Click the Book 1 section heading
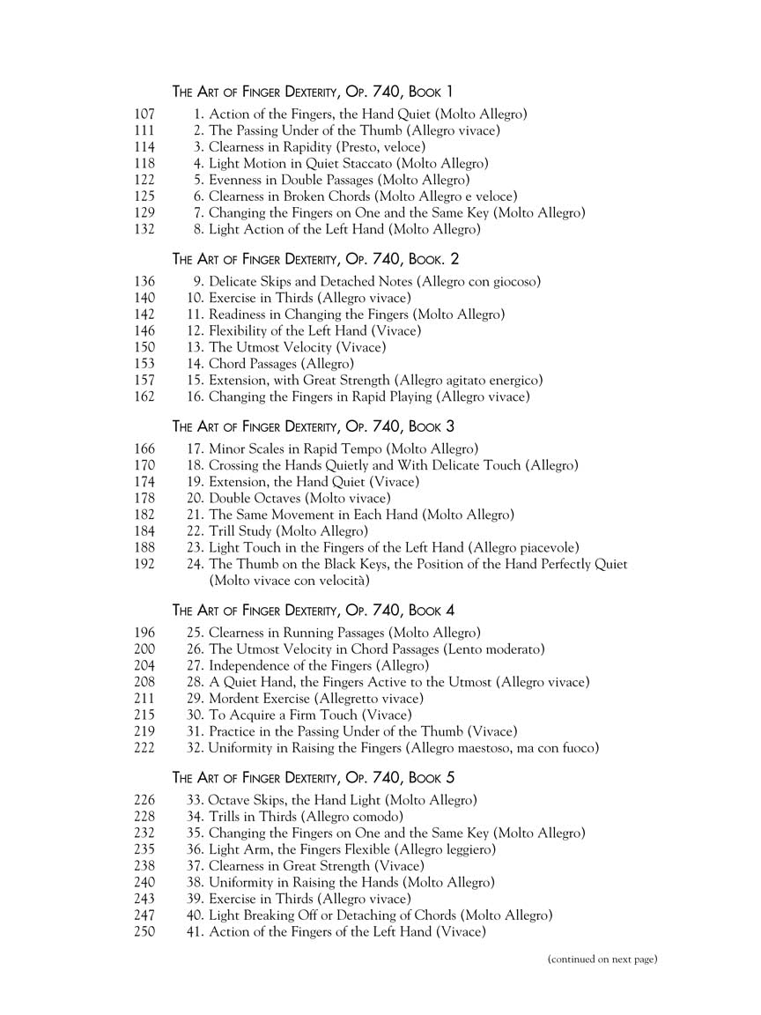pos(313,92)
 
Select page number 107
pos(145,115)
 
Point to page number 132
pos(145,229)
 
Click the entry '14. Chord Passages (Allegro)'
pos(270,364)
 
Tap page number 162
pos(145,396)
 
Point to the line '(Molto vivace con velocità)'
pos(289,581)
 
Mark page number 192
pos(145,564)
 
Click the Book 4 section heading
pos(313,610)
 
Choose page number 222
pos(145,748)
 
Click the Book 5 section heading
pos(313,778)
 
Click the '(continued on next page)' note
pos(602,959)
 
